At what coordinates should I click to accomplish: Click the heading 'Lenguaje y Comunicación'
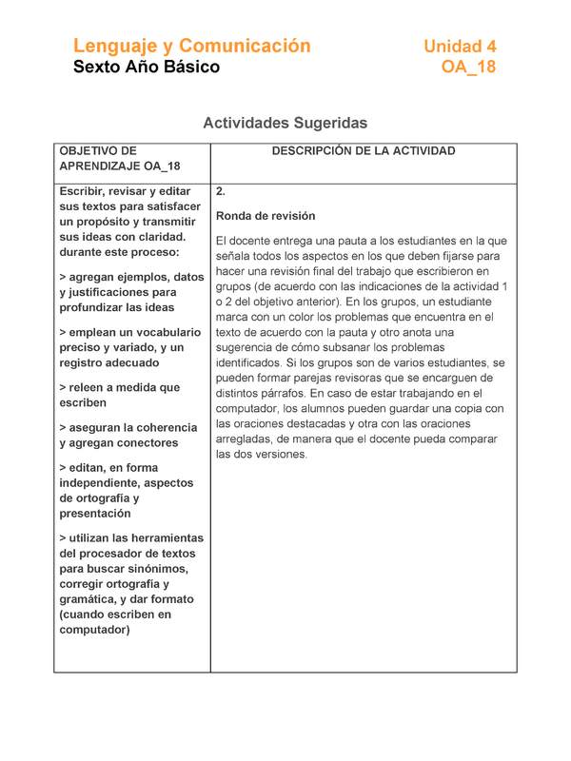pos(192,46)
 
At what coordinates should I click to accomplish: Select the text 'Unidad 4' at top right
pos(460,47)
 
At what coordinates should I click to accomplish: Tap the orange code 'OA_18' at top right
pos(468,68)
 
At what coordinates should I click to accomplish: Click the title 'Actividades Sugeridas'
pos(285,123)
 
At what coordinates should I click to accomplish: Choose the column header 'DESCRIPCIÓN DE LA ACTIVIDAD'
pos(364,151)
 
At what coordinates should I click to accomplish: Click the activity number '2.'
pos(221,191)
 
